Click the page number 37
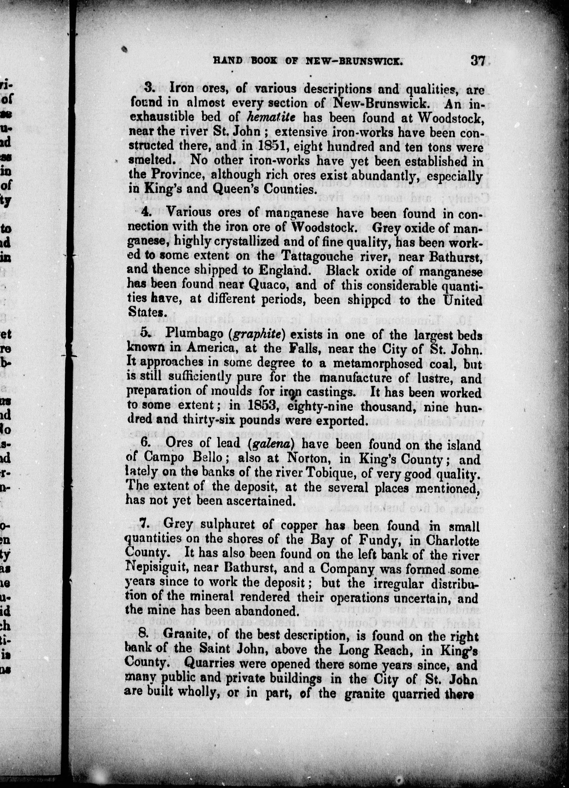[x=479, y=61]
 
